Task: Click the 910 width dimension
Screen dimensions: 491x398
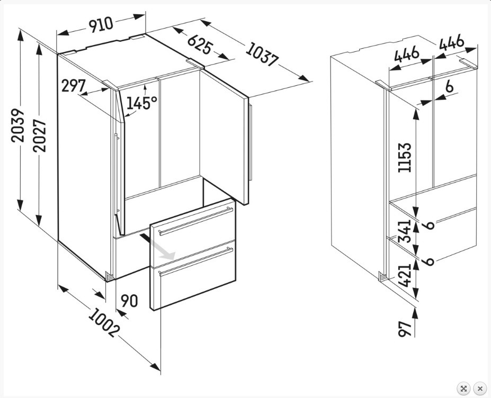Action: tap(101, 24)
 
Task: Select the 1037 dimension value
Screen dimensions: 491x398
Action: tap(262, 55)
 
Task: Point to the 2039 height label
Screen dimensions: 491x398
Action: tap(17, 125)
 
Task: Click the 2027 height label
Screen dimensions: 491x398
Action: tap(39, 135)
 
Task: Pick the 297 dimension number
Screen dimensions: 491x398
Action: tap(73, 85)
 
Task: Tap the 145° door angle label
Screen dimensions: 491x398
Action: tap(141, 103)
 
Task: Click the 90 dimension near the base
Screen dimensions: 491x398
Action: tap(129, 301)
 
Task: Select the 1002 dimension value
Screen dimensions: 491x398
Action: tap(104, 322)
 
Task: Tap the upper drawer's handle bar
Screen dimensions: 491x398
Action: tap(195, 221)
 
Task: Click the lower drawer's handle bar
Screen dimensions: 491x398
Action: tap(195, 261)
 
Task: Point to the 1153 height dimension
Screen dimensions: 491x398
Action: tap(404, 157)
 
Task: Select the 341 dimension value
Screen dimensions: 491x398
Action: tap(404, 231)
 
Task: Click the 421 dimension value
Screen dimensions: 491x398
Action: tap(404, 275)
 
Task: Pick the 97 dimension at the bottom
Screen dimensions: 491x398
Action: tap(404, 329)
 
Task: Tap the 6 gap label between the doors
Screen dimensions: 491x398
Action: tap(449, 86)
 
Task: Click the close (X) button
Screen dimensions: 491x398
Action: tap(480, 388)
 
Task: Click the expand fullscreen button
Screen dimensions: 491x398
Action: tap(463, 388)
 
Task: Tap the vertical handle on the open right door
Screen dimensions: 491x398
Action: tap(250, 142)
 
